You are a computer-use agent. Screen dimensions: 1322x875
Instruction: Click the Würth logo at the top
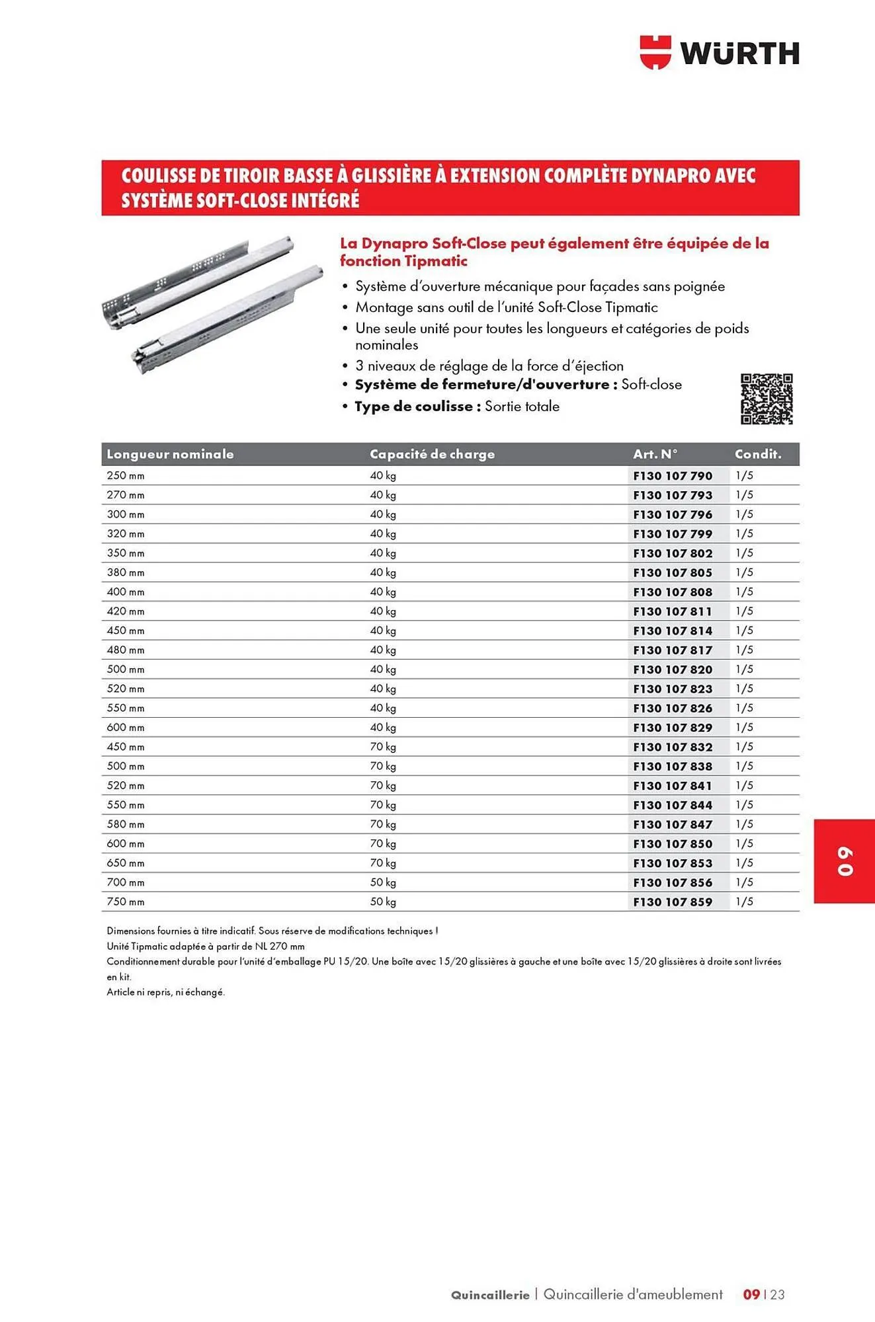pos(719,53)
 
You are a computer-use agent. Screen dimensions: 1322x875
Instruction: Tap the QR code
pos(766,399)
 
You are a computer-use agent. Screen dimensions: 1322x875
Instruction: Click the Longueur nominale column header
pos(170,454)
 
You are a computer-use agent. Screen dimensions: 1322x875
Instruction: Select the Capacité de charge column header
pos(432,454)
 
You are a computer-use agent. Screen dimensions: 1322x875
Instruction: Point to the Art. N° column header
pos(655,454)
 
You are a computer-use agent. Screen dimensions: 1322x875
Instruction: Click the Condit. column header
pos(758,454)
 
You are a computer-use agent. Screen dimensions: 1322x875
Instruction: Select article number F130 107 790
pos(673,476)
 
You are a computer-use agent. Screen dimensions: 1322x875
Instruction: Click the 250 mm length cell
pos(126,476)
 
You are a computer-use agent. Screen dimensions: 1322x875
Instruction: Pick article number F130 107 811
pos(673,611)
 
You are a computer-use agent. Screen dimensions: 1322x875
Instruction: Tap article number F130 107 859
pos(673,902)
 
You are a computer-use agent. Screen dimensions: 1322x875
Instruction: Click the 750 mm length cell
pos(126,902)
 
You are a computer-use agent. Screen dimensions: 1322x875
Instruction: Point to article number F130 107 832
pos(673,747)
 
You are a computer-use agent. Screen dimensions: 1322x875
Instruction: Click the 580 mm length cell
pos(126,824)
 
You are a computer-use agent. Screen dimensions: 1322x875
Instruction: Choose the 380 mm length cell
pos(126,572)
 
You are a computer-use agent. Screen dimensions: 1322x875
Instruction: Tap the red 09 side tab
pos(845,861)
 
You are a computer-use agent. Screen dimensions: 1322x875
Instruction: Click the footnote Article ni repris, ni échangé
pos(166,992)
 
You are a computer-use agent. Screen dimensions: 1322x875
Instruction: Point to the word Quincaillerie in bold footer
pos(490,1295)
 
